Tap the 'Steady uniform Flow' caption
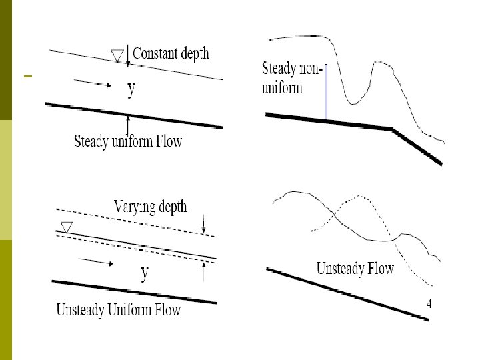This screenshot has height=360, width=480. click(128, 141)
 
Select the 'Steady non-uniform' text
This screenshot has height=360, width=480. click(292, 77)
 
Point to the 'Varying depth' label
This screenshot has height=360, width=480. click(151, 206)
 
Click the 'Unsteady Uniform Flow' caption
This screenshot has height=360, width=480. click(119, 310)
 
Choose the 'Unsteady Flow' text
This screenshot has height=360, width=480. click(355, 269)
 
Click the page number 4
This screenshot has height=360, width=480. click(429, 304)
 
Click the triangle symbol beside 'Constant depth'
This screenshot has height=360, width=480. click(117, 55)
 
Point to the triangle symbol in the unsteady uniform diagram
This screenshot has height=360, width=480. click(65, 227)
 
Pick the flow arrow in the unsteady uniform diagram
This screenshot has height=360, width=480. click(98, 262)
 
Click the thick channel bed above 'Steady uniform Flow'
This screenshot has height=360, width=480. click(133, 115)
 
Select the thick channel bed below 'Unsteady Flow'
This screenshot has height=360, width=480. click(347, 293)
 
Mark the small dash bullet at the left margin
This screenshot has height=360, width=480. click(27, 77)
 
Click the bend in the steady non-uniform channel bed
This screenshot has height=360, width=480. click(392, 129)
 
